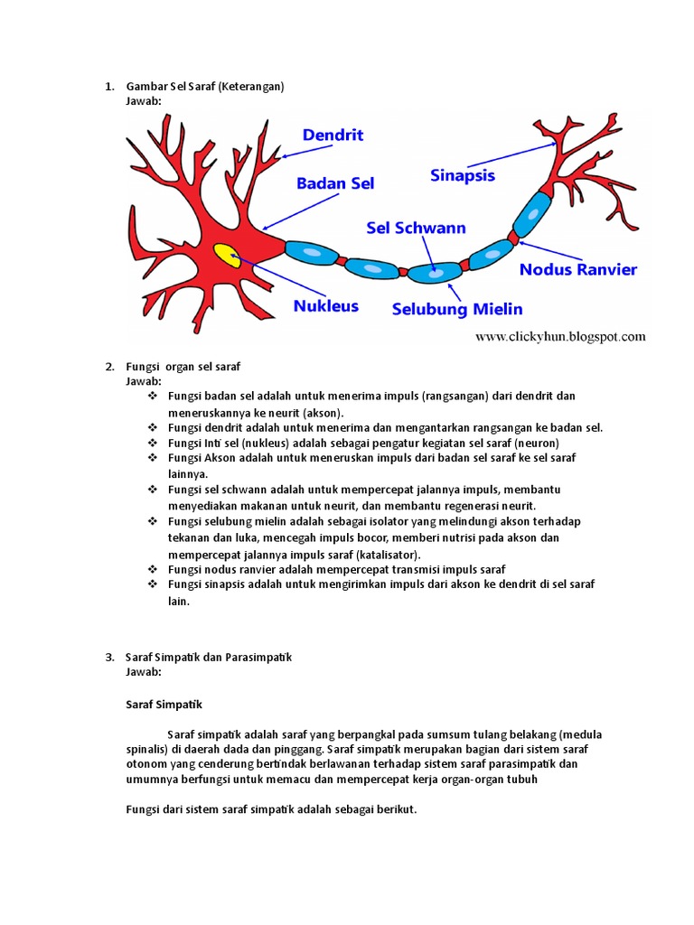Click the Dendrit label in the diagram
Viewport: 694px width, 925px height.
click(x=333, y=135)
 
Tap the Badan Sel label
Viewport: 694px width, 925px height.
click(x=335, y=183)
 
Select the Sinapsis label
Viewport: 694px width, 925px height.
click(x=463, y=176)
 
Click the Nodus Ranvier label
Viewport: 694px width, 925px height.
click(x=578, y=269)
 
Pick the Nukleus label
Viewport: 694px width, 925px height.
click(x=325, y=306)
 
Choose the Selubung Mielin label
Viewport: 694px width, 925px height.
click(x=457, y=309)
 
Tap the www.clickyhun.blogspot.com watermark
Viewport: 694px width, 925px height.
click(x=560, y=337)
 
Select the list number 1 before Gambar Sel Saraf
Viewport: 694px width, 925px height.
click(x=108, y=87)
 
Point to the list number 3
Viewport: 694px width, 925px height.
click(x=108, y=658)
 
